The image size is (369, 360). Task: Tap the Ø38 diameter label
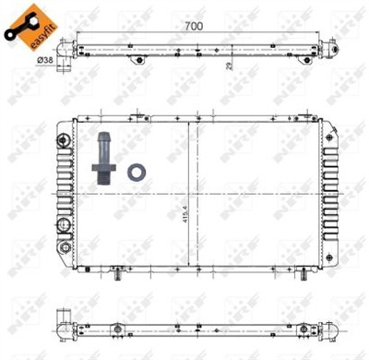(43, 59)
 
